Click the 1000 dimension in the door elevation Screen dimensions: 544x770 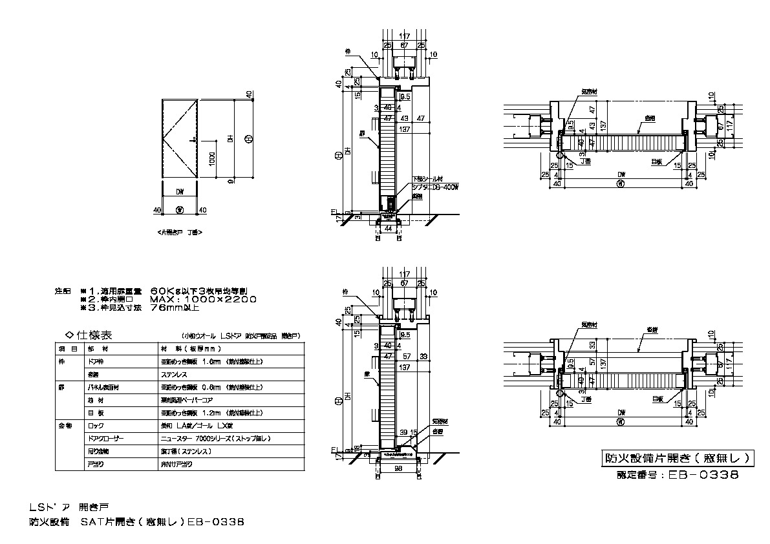213,157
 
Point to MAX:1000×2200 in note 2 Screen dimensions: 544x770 203,299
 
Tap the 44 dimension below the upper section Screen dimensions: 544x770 389,229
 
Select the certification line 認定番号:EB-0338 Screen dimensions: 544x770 677,474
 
